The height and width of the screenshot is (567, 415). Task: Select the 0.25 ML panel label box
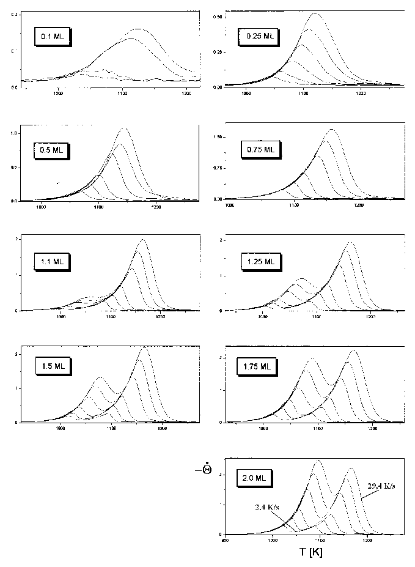tap(259, 37)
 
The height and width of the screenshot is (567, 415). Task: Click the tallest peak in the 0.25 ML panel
tap(315, 13)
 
